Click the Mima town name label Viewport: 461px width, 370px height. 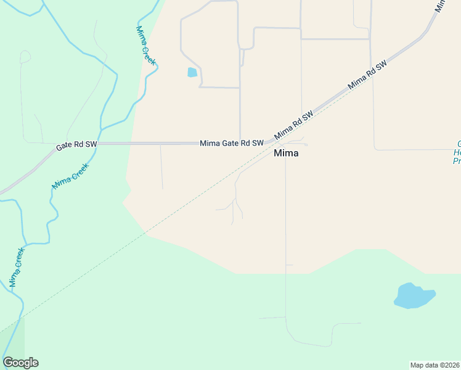click(286, 154)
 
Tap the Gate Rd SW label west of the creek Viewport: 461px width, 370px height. click(76, 146)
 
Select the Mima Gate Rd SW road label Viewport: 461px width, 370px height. click(231, 143)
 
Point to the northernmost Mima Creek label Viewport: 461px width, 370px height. click(146, 46)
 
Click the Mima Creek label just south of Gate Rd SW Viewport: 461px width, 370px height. click(71, 176)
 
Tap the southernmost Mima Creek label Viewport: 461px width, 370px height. click(17, 268)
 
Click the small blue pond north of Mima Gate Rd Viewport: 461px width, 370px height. click(192, 73)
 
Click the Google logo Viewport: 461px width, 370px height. click(20, 363)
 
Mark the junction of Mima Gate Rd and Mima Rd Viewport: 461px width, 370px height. click(269, 142)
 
